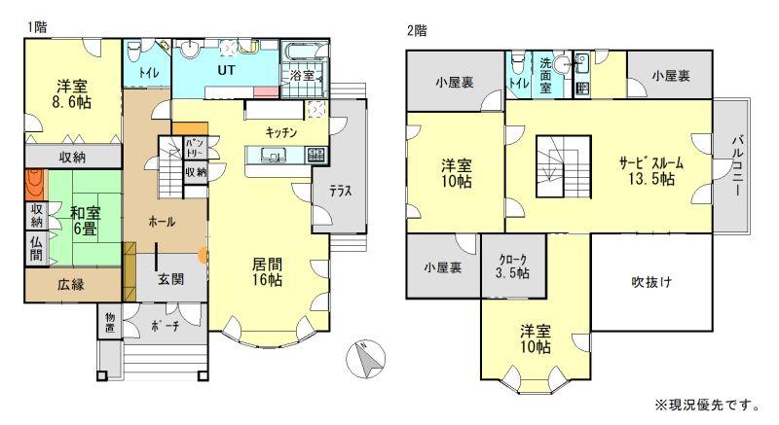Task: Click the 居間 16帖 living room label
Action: (267, 271)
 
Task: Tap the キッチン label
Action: (281, 132)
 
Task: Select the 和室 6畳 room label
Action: (85, 221)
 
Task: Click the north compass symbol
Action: (366, 360)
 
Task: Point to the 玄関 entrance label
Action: (171, 279)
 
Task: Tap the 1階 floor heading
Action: (37, 27)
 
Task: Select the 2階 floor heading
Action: (417, 31)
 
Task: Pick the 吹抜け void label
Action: (651, 282)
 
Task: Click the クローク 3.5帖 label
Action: (513, 266)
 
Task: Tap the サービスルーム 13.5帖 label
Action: (651, 170)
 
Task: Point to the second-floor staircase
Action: (563, 166)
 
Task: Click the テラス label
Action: (341, 192)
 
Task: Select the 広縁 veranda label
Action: (70, 284)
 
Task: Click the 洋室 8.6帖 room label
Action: (72, 94)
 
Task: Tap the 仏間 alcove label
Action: (37, 248)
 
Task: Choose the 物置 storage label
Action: (110, 322)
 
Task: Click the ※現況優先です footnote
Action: (707, 406)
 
